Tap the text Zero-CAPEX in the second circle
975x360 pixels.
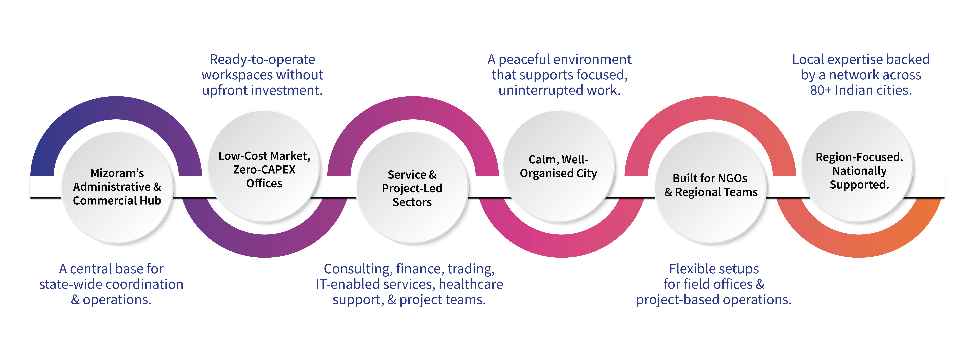click(x=264, y=170)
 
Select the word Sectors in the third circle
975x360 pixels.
click(x=412, y=202)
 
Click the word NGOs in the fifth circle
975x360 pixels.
click(x=731, y=178)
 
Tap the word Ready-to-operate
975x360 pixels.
click(x=262, y=59)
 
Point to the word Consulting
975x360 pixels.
click(x=358, y=269)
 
